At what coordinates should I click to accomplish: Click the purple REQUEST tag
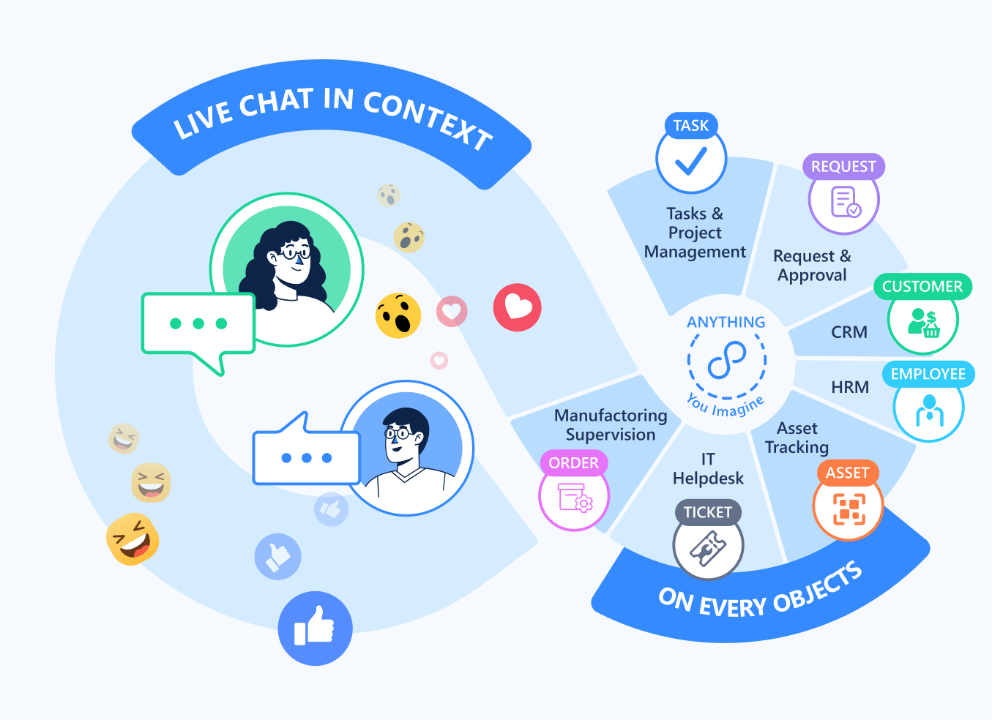tap(843, 167)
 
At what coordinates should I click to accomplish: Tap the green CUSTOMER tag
tap(922, 287)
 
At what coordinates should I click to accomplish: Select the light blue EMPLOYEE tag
tap(928, 374)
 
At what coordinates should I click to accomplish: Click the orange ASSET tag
tap(847, 473)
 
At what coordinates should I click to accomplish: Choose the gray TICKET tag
tap(708, 512)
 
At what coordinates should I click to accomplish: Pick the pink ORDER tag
tap(574, 463)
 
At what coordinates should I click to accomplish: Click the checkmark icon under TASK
tap(690, 161)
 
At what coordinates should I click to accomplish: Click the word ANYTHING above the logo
tap(726, 322)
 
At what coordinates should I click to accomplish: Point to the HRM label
tap(850, 387)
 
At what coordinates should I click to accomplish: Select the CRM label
tap(849, 332)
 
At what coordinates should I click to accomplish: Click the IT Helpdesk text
tap(708, 469)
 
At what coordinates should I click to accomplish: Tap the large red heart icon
tap(517, 307)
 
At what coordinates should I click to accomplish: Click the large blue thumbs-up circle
tap(315, 628)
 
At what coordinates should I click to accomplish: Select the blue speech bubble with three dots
tap(306, 458)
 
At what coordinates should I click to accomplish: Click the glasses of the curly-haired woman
tap(294, 254)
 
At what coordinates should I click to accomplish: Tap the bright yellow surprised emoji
tap(398, 315)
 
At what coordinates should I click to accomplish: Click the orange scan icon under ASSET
tap(849, 508)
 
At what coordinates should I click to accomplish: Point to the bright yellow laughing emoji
tap(133, 539)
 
